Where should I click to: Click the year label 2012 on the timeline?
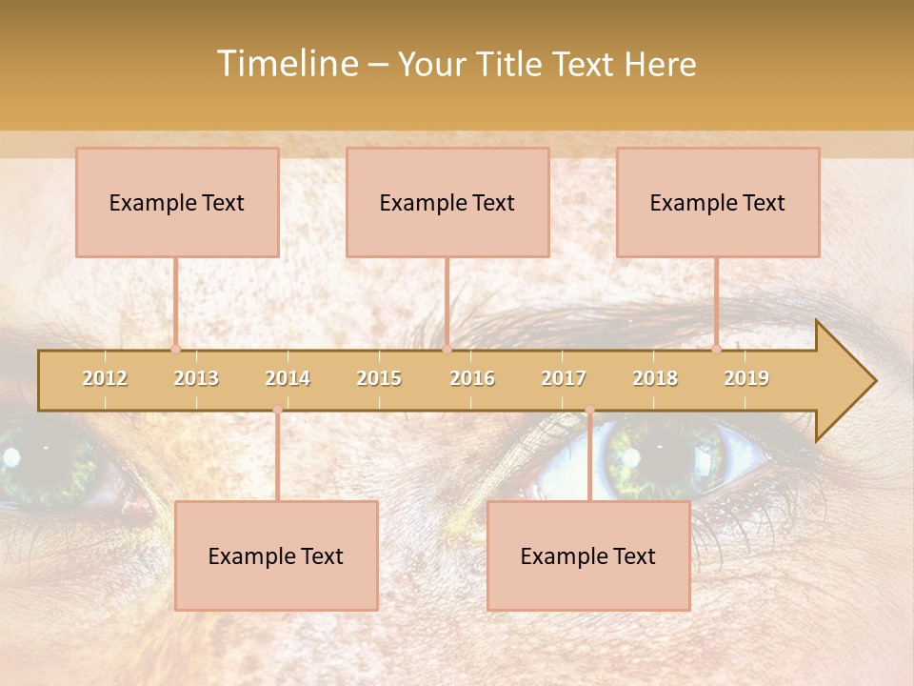[x=105, y=378]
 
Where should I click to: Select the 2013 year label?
[x=196, y=378]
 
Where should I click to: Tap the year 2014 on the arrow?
[x=288, y=378]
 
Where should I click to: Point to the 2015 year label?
[x=379, y=378]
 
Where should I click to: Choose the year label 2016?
[x=472, y=378]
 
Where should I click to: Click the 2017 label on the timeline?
[x=564, y=378]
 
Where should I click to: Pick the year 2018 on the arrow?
[x=655, y=378]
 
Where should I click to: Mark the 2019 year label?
[x=746, y=378]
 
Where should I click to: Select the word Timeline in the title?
[x=286, y=64]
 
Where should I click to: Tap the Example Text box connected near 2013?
[x=177, y=202]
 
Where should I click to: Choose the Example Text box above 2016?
[x=447, y=202]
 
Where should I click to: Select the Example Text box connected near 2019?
[x=718, y=202]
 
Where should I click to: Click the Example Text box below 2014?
[x=276, y=555]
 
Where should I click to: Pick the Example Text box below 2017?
[x=588, y=555]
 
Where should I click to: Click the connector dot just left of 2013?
[x=175, y=349]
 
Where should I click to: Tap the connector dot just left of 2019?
[x=716, y=349]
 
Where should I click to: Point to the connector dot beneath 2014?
[x=277, y=410]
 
